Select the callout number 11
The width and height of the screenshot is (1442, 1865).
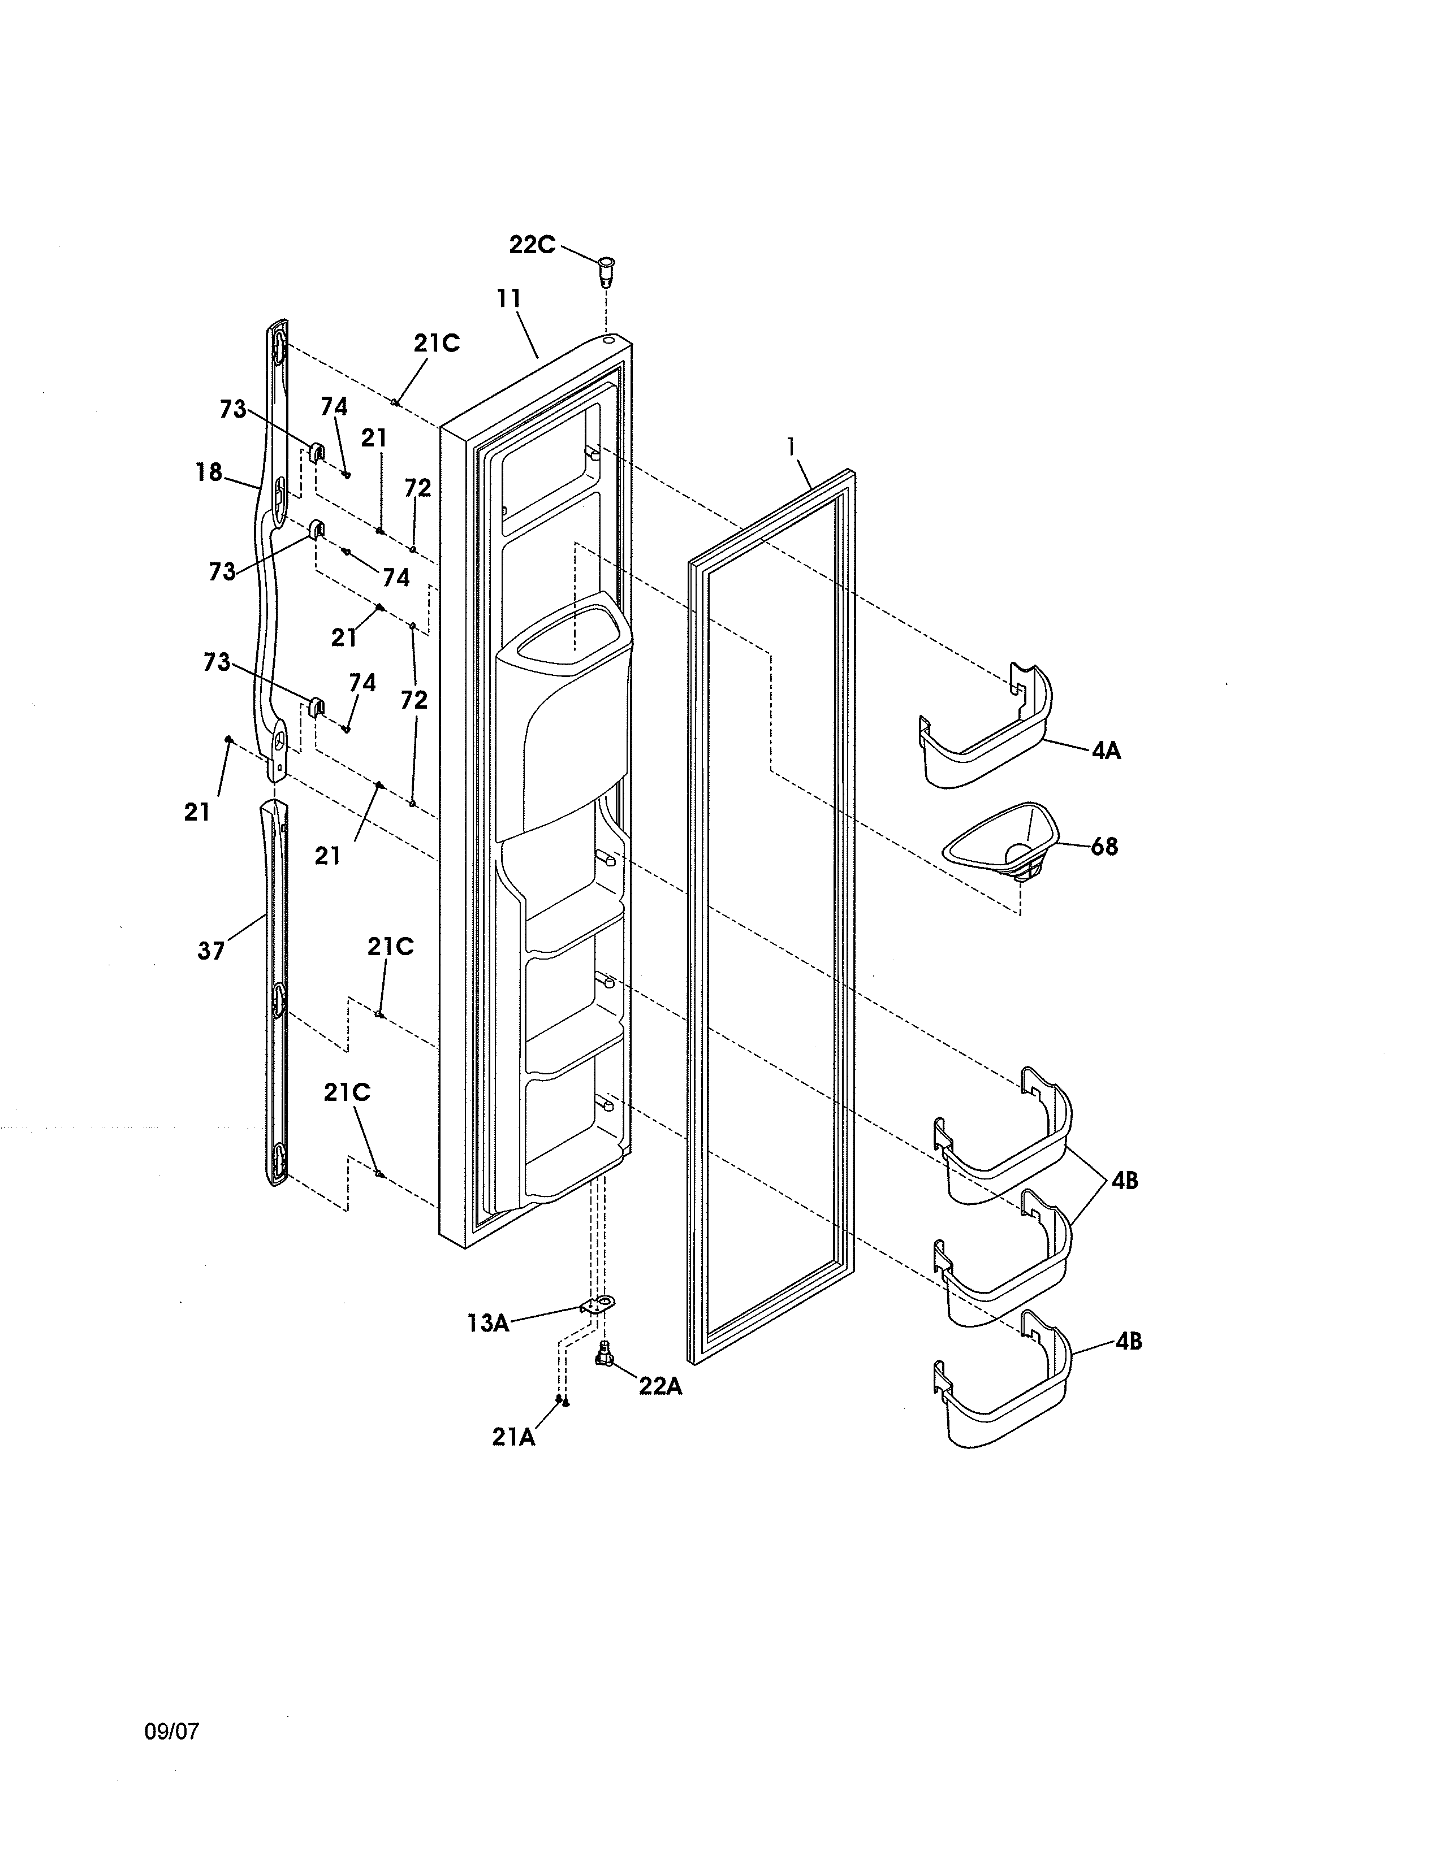click(x=509, y=299)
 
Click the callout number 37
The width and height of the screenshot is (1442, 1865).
click(x=211, y=951)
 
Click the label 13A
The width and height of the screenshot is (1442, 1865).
click(x=488, y=1324)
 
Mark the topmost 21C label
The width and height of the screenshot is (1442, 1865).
click(x=437, y=342)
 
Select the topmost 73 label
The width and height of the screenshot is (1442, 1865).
click(x=232, y=409)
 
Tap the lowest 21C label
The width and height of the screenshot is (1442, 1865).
click(x=347, y=1092)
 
